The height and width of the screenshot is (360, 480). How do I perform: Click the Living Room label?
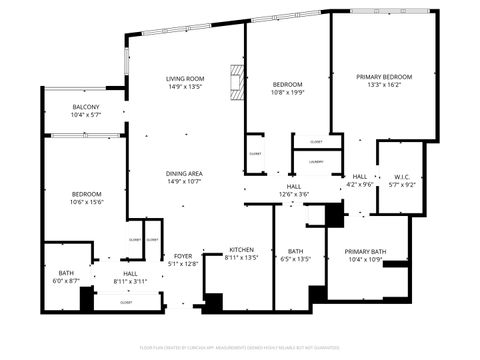click(185, 78)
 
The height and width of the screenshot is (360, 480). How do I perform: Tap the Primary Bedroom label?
click(384, 76)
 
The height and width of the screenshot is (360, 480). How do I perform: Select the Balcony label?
click(85, 107)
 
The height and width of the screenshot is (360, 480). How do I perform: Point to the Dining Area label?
click(185, 173)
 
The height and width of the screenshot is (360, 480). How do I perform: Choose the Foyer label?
click(182, 256)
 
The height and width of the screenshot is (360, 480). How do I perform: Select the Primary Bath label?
click(365, 252)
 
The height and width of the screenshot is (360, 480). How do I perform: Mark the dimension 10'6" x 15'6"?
click(87, 202)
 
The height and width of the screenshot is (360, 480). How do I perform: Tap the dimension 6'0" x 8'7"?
click(66, 281)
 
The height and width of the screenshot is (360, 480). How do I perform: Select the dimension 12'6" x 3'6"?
click(294, 194)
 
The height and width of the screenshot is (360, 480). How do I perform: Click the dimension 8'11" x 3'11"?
click(130, 281)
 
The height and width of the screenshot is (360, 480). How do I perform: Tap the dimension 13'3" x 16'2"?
click(384, 85)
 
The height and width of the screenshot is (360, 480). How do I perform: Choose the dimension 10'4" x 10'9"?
click(365, 260)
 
